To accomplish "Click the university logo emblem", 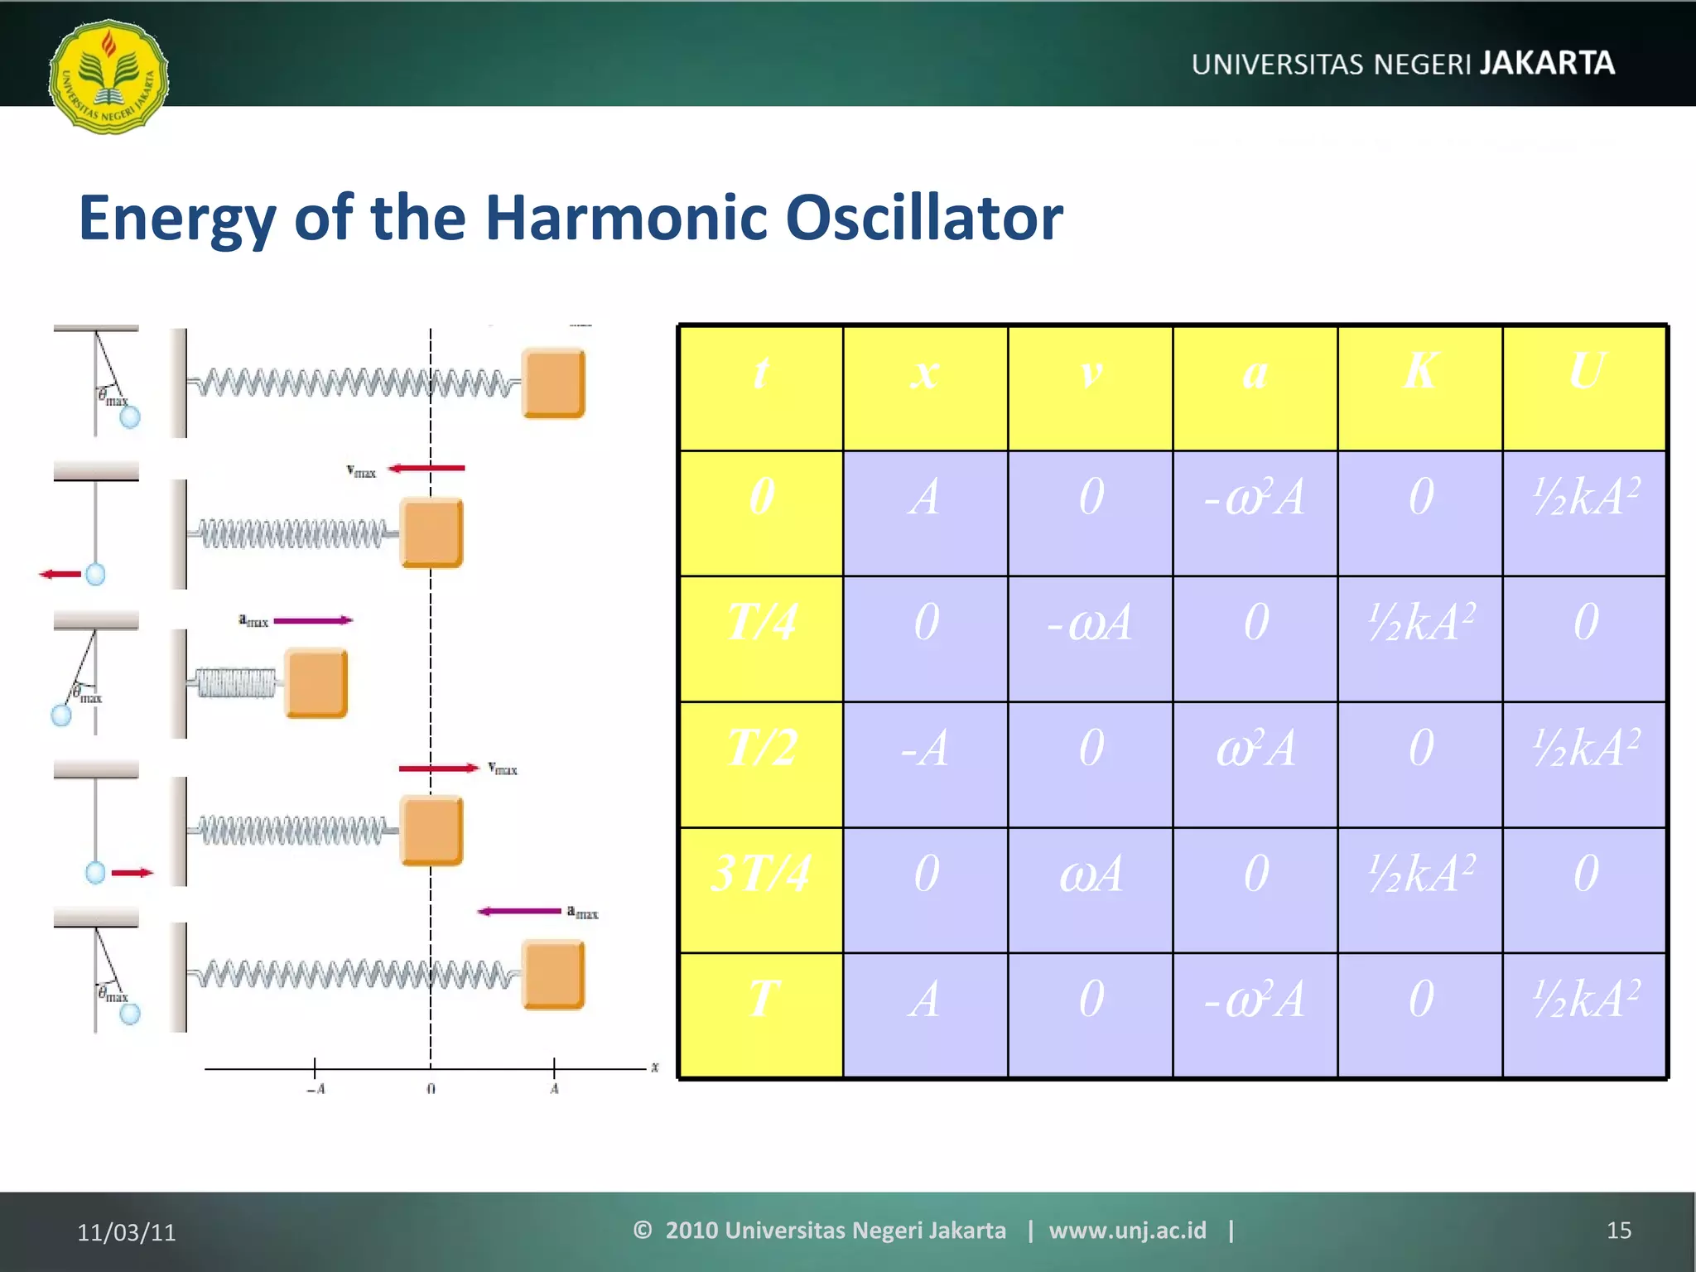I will pos(108,77).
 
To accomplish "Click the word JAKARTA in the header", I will pos(1547,64).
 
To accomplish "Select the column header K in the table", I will pos(1419,372).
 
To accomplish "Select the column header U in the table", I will pos(1585,372).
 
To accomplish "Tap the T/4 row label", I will pos(761,623).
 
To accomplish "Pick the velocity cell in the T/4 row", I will pos(1090,623).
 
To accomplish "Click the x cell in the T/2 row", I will pos(925,749).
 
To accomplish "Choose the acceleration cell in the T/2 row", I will pos(1255,749).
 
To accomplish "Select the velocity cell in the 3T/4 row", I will pos(1090,874).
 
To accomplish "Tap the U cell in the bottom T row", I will pos(1585,1000).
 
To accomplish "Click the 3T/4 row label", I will pos(761,874).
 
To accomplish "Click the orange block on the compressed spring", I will pos(316,683).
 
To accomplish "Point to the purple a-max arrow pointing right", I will pos(312,620).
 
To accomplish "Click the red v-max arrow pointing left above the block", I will pos(427,469).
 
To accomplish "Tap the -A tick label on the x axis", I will pos(316,1089).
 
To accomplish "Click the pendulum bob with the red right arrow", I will pos(96,872).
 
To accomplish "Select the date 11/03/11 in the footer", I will pos(127,1232).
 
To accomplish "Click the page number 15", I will pos(1618,1231).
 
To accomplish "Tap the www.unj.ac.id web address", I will pos(1127,1231).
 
